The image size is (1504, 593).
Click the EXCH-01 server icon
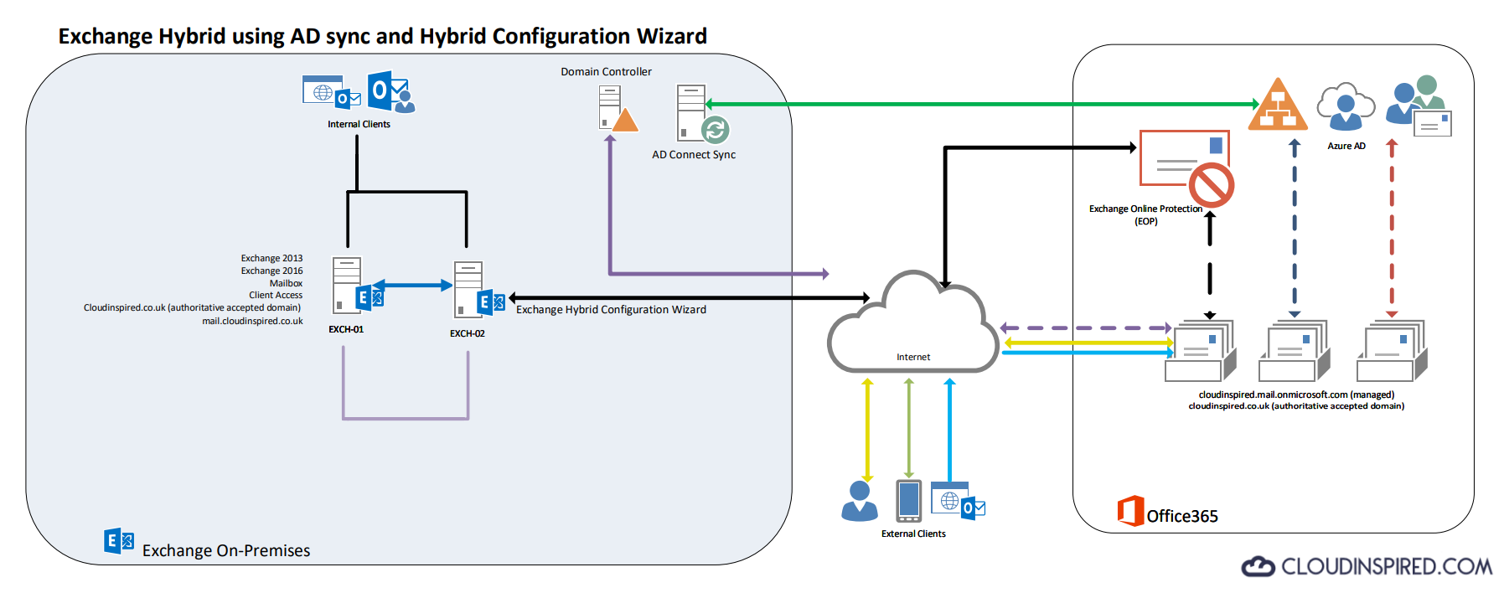click(x=346, y=285)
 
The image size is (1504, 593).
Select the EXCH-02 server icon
click(x=468, y=289)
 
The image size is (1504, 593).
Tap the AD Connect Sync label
click(x=694, y=155)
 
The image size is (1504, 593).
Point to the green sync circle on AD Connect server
click(x=715, y=130)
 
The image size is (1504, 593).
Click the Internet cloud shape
click(x=913, y=331)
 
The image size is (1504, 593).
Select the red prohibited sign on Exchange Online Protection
click(x=1211, y=185)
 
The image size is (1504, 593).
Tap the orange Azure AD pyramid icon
click(x=1277, y=106)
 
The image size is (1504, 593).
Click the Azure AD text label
click(x=1346, y=146)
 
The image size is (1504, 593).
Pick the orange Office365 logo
click(x=1130, y=511)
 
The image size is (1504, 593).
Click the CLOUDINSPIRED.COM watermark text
click(x=1386, y=567)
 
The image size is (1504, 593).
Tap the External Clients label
click(x=913, y=534)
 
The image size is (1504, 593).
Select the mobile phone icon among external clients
click(x=908, y=501)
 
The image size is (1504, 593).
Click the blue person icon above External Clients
click(x=860, y=501)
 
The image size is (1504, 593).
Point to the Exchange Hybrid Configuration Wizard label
click(x=611, y=310)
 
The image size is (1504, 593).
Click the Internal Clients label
click(x=359, y=124)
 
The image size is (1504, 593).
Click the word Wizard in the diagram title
click(x=671, y=37)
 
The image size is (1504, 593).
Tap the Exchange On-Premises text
click(x=226, y=550)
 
